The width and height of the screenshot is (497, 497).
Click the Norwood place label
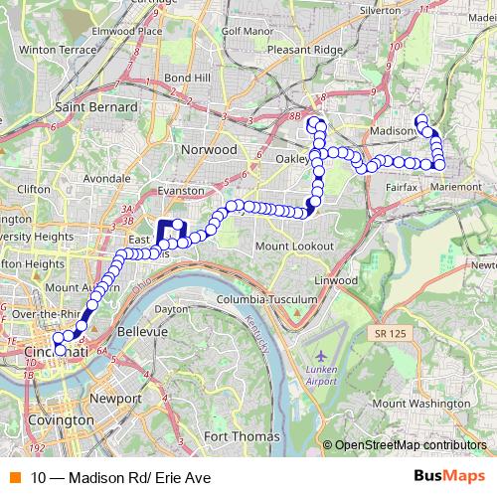(209, 149)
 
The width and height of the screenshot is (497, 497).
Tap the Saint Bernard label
(97, 106)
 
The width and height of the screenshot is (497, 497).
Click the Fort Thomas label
(237, 435)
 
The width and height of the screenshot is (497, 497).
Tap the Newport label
(115, 398)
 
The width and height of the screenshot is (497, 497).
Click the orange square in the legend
(15, 479)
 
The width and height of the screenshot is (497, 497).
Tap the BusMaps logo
(449, 478)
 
